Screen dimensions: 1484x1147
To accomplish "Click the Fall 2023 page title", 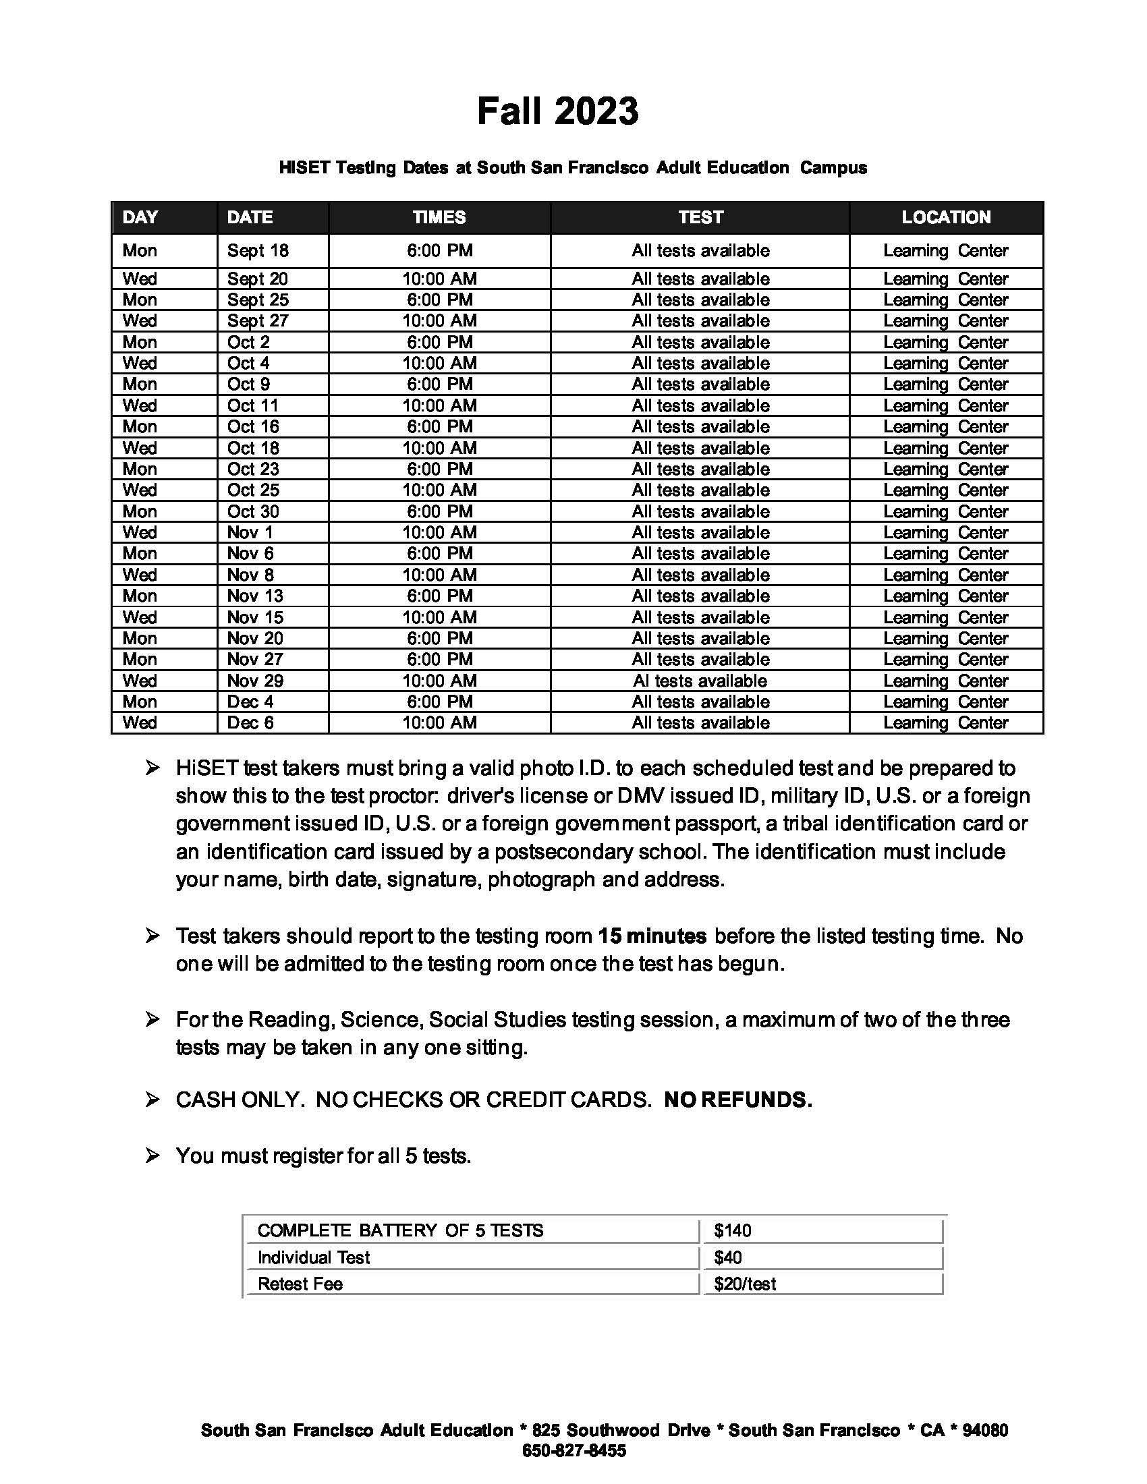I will [x=557, y=111].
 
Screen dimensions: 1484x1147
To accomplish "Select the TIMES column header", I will [x=439, y=217].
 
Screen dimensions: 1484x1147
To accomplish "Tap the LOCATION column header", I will [x=945, y=217].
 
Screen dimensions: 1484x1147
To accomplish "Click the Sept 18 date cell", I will [x=258, y=251].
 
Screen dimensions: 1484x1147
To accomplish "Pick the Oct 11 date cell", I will [x=253, y=405].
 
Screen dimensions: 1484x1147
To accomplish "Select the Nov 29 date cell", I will [x=255, y=681].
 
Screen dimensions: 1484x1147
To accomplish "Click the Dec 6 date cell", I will [x=250, y=723].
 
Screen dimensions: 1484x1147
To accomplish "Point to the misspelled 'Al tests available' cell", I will [x=700, y=681].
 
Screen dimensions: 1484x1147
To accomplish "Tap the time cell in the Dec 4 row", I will [x=439, y=702].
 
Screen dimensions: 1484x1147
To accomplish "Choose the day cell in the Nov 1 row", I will [x=139, y=533].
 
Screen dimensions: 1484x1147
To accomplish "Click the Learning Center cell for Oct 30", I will [x=945, y=512].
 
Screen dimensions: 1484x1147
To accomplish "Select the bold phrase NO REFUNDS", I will [x=737, y=1100].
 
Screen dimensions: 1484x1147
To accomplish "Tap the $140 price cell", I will [x=733, y=1230].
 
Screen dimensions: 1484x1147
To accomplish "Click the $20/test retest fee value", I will [x=745, y=1284].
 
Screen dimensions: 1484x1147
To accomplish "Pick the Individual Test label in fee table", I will [x=313, y=1258].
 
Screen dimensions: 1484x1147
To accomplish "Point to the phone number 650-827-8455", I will [x=573, y=1452].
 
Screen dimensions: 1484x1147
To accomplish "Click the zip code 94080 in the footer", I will [x=985, y=1430].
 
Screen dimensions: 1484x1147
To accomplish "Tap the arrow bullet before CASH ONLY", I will [x=152, y=1100].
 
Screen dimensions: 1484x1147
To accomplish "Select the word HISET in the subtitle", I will [x=304, y=168].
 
